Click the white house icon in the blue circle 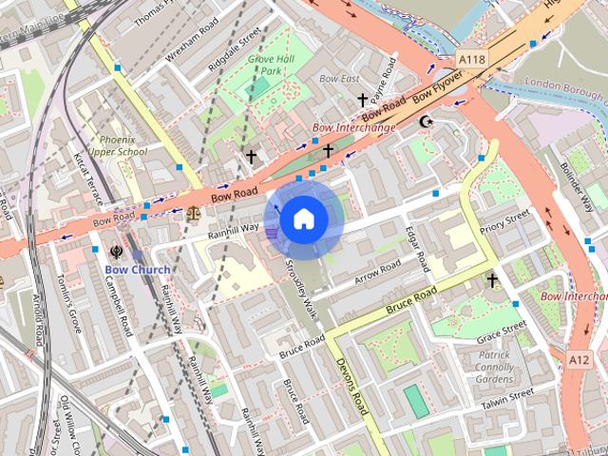pyautogui.click(x=303, y=219)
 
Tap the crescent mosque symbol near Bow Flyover pyautogui.click(x=426, y=122)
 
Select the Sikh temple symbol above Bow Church pyautogui.click(x=116, y=252)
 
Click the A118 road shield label pyautogui.click(x=472, y=59)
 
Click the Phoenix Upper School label pyautogui.click(x=118, y=145)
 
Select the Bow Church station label pyautogui.click(x=138, y=270)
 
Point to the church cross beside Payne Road pyautogui.click(x=362, y=99)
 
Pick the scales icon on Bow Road pyautogui.click(x=194, y=212)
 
